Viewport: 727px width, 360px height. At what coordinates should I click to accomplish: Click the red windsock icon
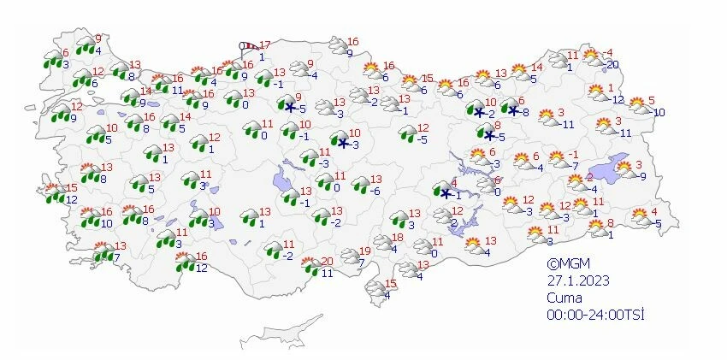click(249, 48)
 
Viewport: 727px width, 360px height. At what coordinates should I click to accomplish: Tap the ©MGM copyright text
click(569, 263)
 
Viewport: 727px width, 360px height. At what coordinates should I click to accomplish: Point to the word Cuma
click(564, 298)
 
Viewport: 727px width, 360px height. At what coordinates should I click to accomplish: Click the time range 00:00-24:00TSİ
click(595, 315)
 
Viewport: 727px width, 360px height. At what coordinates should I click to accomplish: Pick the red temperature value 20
click(326, 261)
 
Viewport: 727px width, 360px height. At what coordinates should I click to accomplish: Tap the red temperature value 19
click(365, 251)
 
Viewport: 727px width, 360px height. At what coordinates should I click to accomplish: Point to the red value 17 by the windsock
click(265, 44)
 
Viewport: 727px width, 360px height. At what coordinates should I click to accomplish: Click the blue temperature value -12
click(618, 99)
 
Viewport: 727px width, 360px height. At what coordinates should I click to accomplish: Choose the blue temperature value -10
click(659, 112)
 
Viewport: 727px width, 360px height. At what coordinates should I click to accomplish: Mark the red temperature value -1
click(561, 154)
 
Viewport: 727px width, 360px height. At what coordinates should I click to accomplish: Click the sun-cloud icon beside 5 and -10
click(638, 105)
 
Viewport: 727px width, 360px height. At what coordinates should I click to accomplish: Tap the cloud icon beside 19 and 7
click(350, 256)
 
